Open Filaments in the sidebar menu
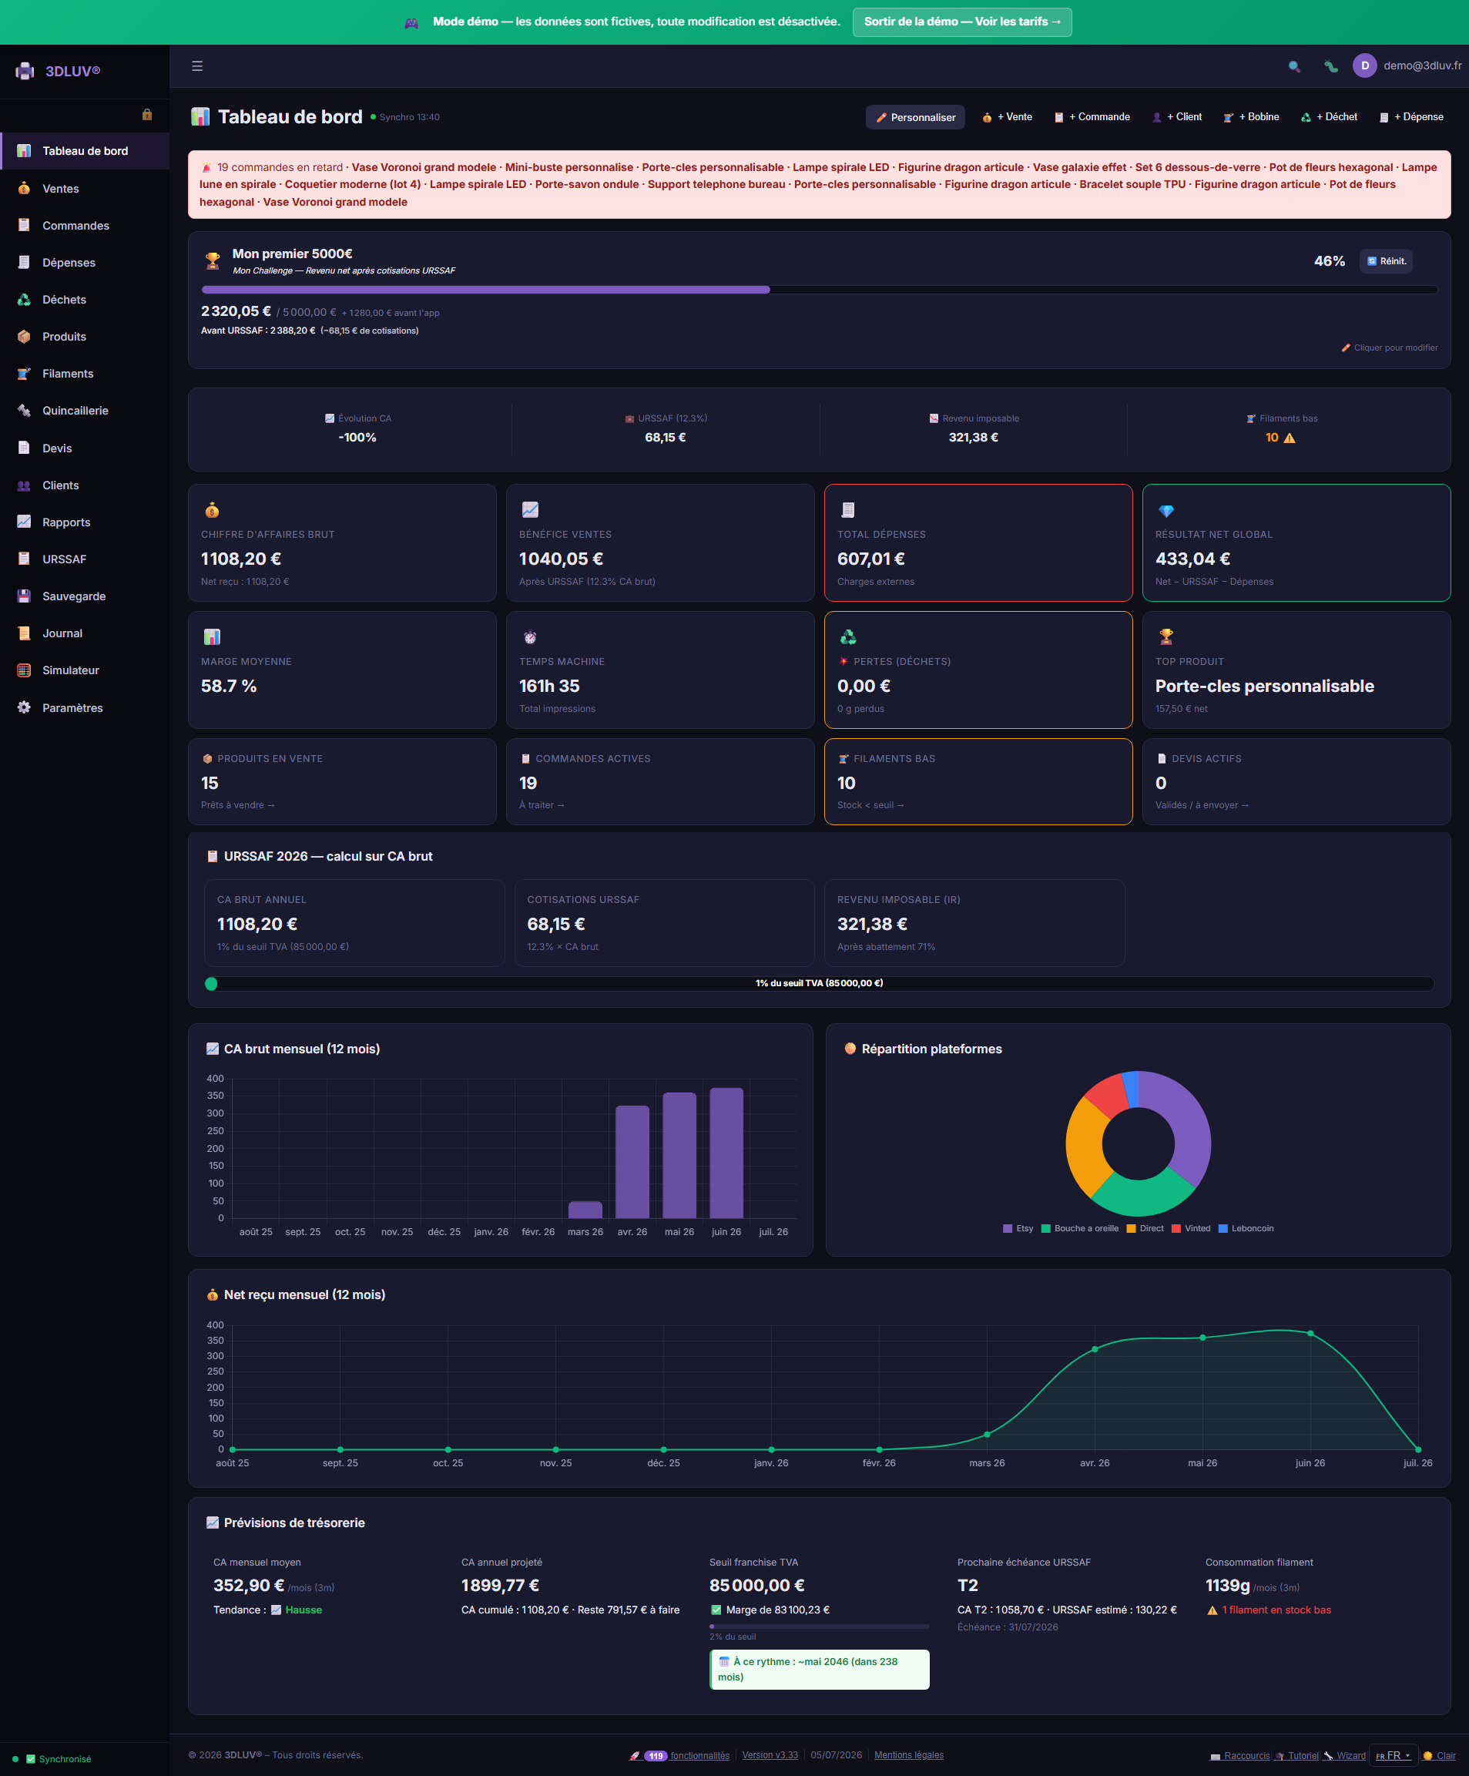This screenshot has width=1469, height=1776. tap(68, 374)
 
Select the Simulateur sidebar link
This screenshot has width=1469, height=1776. tap(71, 670)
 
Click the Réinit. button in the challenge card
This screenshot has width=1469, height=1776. tap(1386, 261)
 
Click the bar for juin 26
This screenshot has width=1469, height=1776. tap(726, 1153)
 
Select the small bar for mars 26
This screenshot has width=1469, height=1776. tap(585, 1210)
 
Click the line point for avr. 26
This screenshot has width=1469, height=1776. tap(1095, 1350)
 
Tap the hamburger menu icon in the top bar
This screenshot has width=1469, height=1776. tap(197, 66)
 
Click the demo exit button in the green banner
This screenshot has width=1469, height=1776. tap(961, 22)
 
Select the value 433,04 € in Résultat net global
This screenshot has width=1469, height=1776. tap(1192, 559)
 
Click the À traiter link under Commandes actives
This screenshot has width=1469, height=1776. tap(542, 805)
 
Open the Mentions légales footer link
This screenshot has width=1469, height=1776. tap(908, 1755)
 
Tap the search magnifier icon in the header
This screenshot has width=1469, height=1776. tap(1294, 66)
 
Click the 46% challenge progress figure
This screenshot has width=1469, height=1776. tap(1329, 261)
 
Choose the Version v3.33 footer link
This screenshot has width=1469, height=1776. tap(770, 1755)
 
